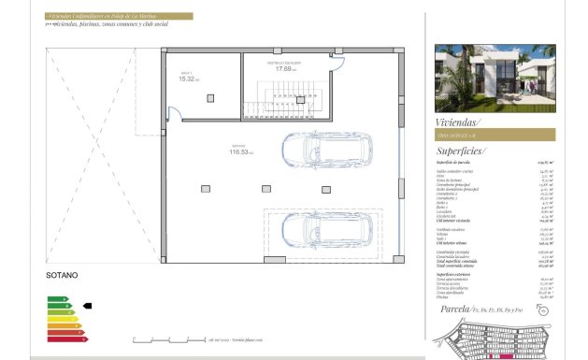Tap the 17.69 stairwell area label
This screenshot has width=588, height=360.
[x=285, y=67]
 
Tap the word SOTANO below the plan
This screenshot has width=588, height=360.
[x=62, y=276]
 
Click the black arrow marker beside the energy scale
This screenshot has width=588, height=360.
[x=88, y=305]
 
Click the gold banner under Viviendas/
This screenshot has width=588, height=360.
[x=495, y=135]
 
